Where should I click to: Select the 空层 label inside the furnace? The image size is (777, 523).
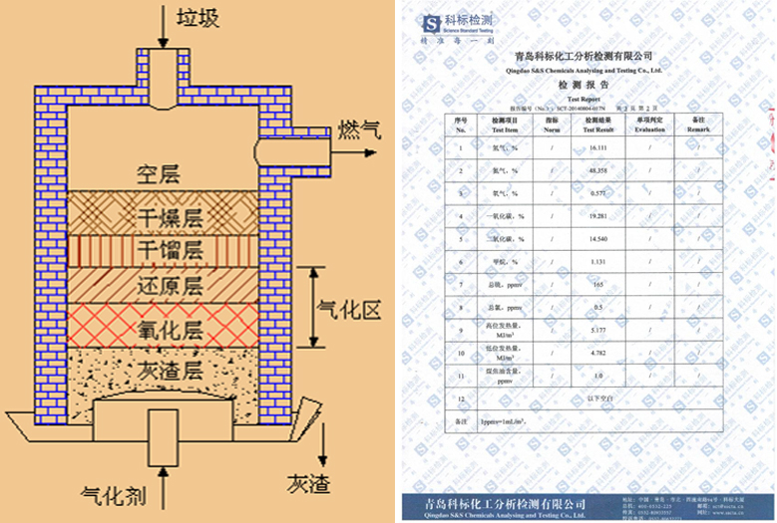162,175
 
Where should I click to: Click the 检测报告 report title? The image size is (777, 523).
582,87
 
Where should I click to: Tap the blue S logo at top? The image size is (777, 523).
431,22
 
